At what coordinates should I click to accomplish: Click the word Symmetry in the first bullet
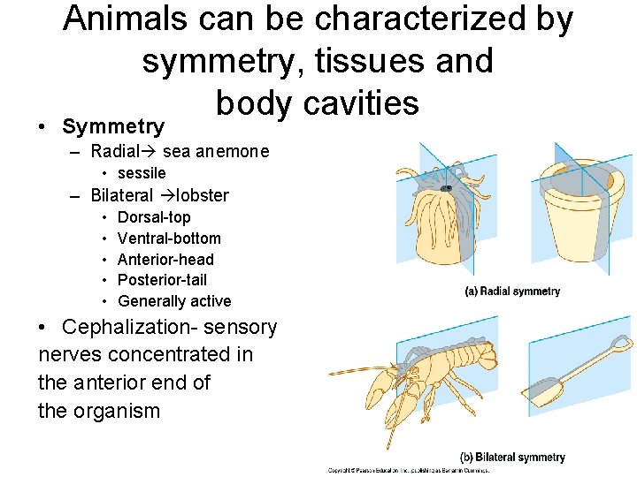[x=113, y=126]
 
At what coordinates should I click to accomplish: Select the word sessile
[x=142, y=173]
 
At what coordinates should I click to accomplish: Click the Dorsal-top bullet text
[x=154, y=217]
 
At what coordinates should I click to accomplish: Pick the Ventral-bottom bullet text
[x=169, y=238]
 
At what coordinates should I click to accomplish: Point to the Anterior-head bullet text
[x=165, y=260]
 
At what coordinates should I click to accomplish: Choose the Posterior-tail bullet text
[x=162, y=280]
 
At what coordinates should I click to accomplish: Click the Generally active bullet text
[x=174, y=301]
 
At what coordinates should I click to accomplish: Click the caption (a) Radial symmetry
[x=512, y=291]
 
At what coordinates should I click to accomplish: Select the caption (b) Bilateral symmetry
[x=512, y=457]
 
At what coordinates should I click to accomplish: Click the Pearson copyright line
[x=407, y=471]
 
